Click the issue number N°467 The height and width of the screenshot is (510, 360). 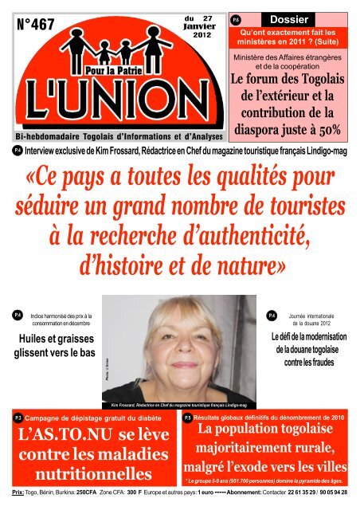[36, 25]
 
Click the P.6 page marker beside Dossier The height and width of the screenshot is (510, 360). [235, 18]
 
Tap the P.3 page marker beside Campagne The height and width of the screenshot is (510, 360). [18, 417]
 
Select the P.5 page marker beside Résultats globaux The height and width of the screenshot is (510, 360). [187, 417]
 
